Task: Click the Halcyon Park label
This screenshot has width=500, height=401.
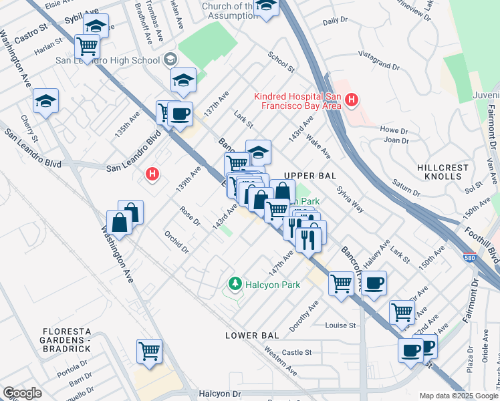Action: pyautogui.click(x=272, y=285)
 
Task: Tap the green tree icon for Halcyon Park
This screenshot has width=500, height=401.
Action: pyautogui.click(x=234, y=285)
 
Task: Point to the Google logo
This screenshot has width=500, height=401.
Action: pyautogui.click(x=22, y=393)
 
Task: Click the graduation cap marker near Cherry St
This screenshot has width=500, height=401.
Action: pyautogui.click(x=45, y=101)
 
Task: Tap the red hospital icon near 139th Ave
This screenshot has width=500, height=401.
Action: pyautogui.click(x=152, y=174)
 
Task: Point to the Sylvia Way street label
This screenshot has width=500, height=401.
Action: pyautogui.click(x=350, y=199)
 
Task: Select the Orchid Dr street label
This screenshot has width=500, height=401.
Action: pyautogui.click(x=176, y=243)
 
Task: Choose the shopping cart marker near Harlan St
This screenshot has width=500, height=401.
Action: pyautogui.click(x=87, y=46)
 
